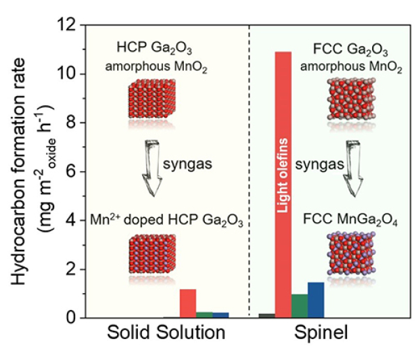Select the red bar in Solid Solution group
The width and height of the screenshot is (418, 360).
tap(187, 303)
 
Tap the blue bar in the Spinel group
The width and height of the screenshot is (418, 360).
tap(316, 299)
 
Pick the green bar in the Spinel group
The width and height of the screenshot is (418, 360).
tap(300, 306)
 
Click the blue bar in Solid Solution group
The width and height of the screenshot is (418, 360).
tap(221, 315)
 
